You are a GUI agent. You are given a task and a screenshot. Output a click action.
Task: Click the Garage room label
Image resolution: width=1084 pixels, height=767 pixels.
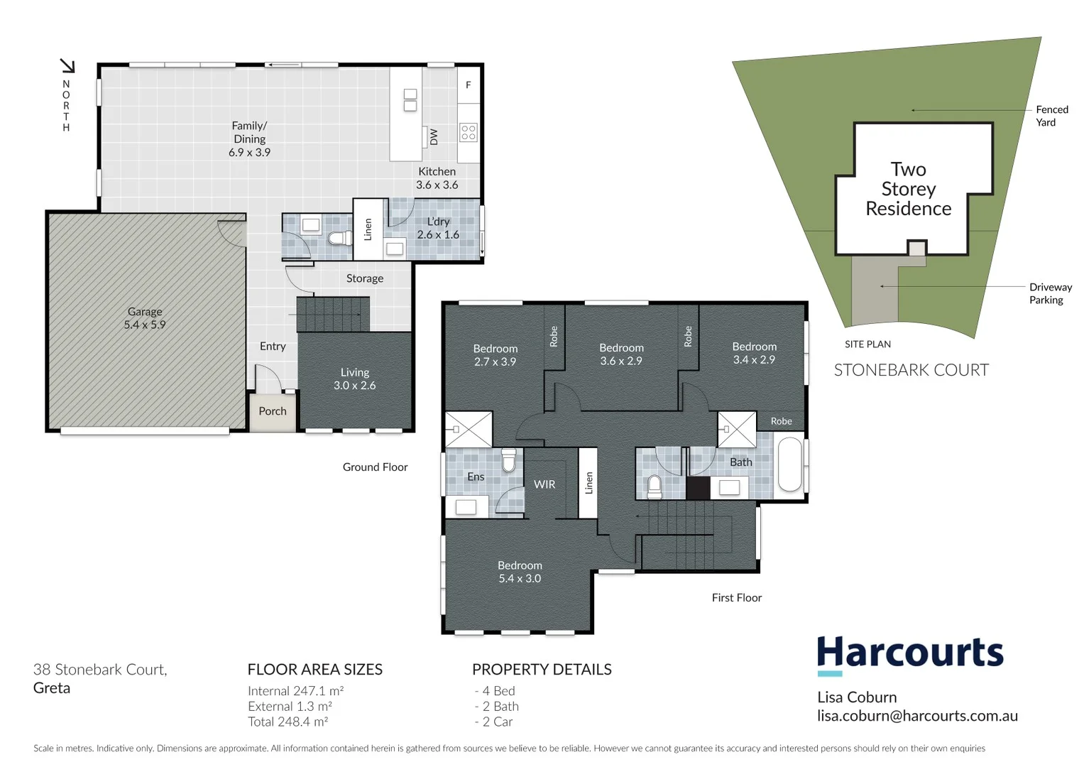click(145, 318)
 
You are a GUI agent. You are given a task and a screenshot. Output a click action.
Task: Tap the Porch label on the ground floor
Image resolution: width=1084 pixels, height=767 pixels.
click(273, 411)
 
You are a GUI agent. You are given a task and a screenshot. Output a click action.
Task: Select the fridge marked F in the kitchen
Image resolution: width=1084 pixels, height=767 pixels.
click(469, 85)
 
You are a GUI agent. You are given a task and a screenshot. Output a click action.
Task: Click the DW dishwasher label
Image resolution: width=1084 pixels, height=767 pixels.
click(434, 136)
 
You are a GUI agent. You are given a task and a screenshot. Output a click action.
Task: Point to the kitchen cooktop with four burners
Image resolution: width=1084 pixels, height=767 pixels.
click(469, 132)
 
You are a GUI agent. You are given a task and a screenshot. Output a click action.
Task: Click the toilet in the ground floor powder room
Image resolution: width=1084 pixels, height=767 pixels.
click(340, 237)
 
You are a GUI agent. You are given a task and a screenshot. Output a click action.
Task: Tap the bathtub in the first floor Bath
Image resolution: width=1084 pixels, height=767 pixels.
click(789, 465)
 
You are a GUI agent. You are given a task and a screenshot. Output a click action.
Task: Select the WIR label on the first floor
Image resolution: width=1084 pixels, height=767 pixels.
click(544, 484)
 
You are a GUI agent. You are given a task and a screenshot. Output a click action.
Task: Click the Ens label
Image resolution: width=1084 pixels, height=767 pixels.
click(476, 477)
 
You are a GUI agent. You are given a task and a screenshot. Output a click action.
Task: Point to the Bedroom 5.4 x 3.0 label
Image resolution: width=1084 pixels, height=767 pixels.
click(520, 572)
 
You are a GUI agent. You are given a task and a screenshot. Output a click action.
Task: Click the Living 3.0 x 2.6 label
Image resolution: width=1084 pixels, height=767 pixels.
click(355, 379)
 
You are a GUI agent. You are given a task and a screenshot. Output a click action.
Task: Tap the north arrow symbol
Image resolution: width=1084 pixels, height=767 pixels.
click(67, 66)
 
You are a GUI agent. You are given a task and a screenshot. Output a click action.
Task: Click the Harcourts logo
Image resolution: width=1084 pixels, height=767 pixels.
click(910, 653)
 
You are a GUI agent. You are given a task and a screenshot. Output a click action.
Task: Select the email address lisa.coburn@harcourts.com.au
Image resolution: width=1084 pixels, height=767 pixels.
click(917, 716)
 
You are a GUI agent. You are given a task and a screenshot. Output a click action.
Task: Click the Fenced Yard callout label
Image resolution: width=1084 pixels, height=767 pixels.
click(1051, 116)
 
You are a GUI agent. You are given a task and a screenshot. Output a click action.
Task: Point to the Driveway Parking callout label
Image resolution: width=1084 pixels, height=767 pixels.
click(1050, 293)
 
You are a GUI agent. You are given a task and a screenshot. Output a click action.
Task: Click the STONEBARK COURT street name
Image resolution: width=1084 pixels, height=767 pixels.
click(911, 370)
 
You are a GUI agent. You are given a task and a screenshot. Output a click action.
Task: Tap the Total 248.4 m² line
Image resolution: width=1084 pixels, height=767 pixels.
click(288, 722)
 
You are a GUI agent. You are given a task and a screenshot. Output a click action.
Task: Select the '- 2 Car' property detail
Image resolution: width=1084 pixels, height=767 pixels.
click(493, 722)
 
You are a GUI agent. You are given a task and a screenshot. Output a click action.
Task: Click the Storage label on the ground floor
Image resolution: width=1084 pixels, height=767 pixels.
click(365, 278)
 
